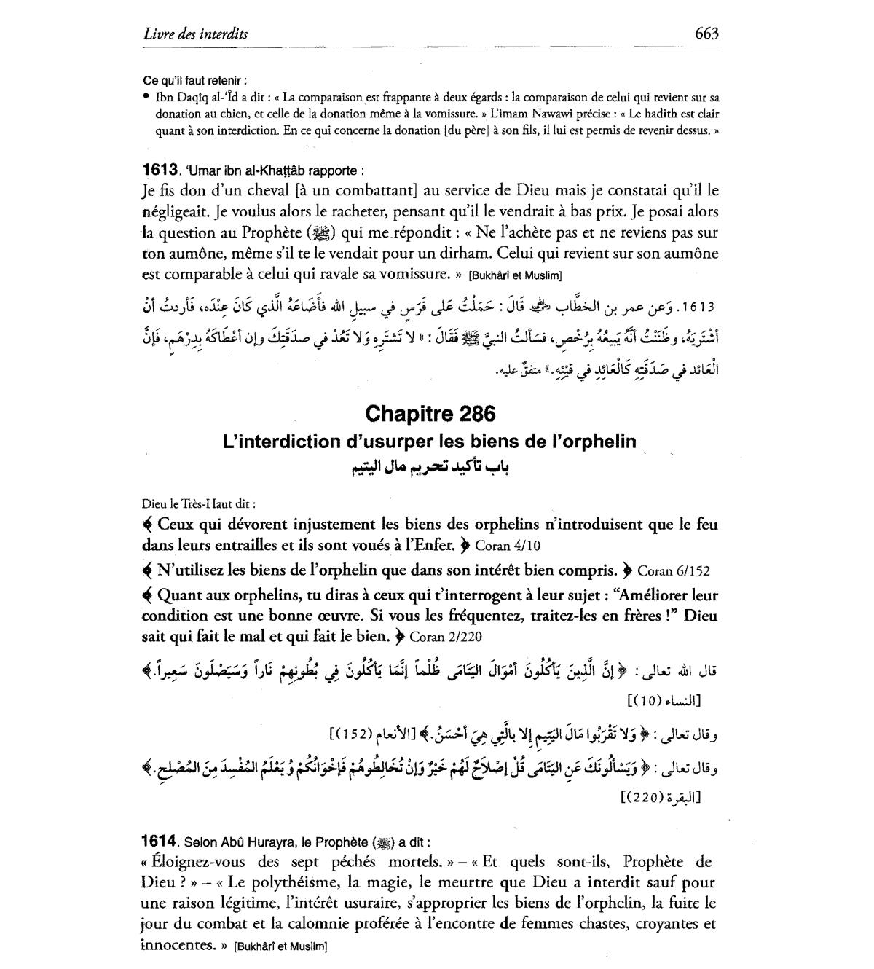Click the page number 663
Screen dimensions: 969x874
click(x=706, y=33)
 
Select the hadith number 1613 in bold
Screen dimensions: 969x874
click(x=160, y=170)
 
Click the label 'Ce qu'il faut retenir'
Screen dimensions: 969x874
click(x=194, y=81)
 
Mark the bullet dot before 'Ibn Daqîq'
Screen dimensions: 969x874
click(x=146, y=97)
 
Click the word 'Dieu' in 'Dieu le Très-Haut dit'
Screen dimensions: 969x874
click(x=154, y=503)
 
